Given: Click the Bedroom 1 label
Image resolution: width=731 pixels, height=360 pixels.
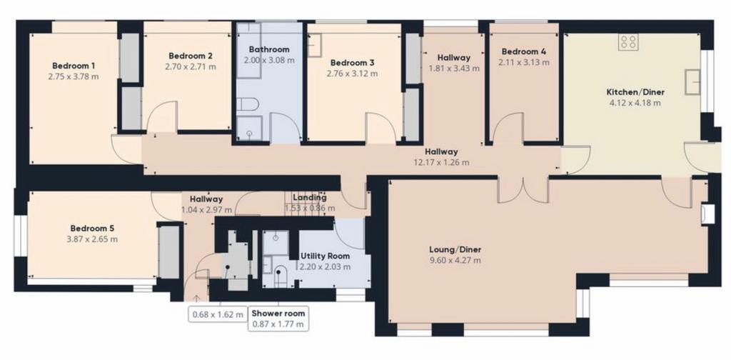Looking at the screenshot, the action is [x=74, y=66].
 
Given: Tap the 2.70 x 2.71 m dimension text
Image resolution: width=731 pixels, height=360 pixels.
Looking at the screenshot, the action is [x=191, y=66].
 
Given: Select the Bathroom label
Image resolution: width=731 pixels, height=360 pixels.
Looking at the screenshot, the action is [x=269, y=49].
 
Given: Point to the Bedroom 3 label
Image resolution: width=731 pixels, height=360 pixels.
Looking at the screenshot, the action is [x=353, y=62].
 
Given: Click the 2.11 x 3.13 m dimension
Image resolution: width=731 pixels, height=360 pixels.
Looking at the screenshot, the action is [x=523, y=61].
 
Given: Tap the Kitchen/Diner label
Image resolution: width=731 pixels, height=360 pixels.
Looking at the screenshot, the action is [x=635, y=92].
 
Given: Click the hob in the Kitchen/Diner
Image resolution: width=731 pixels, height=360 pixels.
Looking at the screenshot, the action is [x=628, y=42].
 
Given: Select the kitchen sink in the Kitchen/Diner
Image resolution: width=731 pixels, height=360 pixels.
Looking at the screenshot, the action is [x=692, y=82].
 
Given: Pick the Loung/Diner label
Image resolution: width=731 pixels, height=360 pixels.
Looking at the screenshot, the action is [x=455, y=249].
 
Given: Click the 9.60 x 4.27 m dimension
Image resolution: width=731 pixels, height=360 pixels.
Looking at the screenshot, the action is [x=455, y=260].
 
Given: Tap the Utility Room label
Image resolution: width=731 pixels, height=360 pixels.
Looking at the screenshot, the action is [x=325, y=256].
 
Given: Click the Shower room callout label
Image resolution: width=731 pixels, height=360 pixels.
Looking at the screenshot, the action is [x=278, y=314].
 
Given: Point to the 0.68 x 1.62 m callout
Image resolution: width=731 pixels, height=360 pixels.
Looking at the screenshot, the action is [x=218, y=314].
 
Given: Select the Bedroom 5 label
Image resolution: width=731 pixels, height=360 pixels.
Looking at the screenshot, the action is [x=92, y=229].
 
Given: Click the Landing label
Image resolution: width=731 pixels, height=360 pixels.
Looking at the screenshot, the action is [x=310, y=198].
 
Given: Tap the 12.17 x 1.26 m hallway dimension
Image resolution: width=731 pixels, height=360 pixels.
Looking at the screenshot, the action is [x=441, y=162].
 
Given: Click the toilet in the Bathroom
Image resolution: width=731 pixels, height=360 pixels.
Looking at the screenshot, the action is [x=245, y=104].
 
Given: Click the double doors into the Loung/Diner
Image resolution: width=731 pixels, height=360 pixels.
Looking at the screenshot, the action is [x=523, y=190].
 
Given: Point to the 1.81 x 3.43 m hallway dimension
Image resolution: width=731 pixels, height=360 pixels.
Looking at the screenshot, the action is [x=453, y=69].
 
